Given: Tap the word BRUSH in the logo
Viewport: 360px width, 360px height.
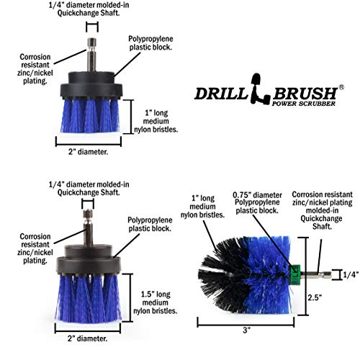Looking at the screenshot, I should (x=299, y=92).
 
